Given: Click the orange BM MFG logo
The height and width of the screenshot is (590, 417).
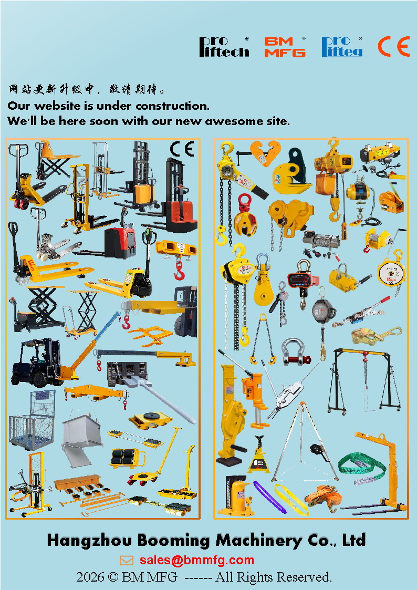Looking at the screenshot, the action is click(285, 47).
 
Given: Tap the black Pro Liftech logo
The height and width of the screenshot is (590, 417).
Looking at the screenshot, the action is click(224, 47).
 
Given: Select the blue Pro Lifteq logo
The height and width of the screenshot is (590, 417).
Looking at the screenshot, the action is click(342, 47).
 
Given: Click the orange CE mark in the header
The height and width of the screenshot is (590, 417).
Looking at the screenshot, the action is click(394, 47).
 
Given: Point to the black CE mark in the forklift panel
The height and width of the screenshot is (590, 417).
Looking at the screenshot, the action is click(182, 149).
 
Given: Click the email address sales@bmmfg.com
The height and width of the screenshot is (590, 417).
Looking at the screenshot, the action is click(196, 560).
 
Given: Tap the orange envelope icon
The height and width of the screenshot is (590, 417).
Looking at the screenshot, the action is click(127, 561).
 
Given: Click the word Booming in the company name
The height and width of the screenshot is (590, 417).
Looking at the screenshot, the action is click(173, 540).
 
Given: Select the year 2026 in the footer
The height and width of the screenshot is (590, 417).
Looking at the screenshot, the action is click(90, 577).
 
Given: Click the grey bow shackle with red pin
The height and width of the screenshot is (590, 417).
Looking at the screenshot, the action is click(296, 352).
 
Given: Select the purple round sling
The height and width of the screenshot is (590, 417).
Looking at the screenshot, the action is click(269, 496).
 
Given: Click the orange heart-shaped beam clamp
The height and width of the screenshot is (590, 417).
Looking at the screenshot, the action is click(265, 152).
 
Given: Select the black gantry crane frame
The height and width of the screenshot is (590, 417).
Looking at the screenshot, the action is click(363, 381).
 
